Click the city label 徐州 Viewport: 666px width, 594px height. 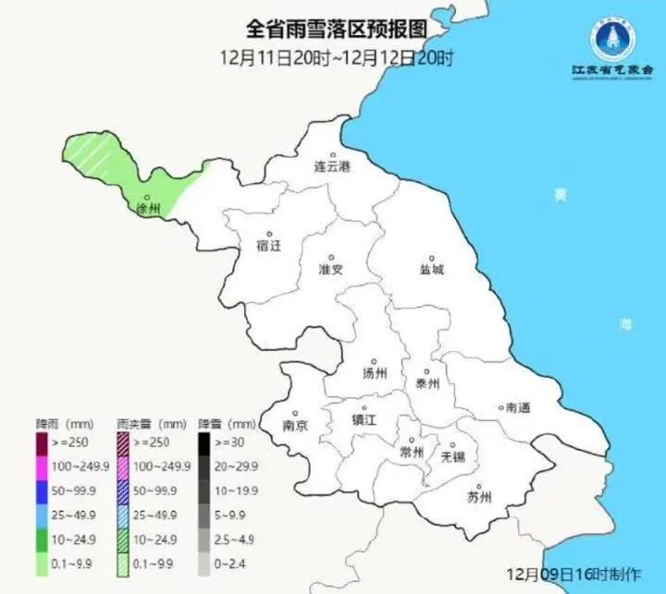click(x=148, y=211)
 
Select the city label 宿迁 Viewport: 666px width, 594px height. click(x=268, y=246)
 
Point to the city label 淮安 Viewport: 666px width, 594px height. click(x=331, y=270)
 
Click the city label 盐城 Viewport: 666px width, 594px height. click(x=431, y=270)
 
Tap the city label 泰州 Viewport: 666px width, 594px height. click(x=427, y=383)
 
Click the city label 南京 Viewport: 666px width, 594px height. click(x=295, y=426)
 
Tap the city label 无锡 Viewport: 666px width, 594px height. click(x=452, y=455)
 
